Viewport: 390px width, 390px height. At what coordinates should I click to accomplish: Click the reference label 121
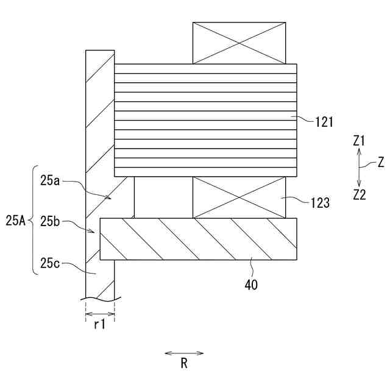pos(324,121)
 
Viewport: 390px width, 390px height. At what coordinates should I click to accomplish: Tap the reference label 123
pos(320,202)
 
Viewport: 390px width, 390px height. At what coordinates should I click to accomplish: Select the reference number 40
pos(251,284)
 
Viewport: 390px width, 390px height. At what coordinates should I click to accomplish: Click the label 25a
pos(51,181)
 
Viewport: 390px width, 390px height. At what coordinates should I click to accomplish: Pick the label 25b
pos(51,222)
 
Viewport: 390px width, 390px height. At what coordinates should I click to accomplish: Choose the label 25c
pos(51,264)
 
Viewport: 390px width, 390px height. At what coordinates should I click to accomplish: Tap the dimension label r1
pos(99,325)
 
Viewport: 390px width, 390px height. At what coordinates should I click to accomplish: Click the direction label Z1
pos(359,141)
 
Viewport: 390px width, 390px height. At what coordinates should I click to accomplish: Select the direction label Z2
pos(359,194)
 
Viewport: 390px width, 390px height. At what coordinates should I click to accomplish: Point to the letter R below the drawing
pos(184,364)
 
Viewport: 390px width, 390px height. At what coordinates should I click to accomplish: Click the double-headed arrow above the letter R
pos(184,352)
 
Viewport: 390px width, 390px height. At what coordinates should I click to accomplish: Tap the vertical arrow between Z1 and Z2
pos(359,168)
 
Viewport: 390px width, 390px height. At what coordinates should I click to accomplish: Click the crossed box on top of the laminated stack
pos(239,43)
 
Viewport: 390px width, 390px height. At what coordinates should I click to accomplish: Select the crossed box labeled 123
pos(239,197)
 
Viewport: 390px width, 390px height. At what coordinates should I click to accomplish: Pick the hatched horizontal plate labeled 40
pos(198,239)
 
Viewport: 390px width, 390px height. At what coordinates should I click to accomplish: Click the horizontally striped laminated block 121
pos(205,120)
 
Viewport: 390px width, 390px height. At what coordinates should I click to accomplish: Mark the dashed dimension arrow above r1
pos(99,314)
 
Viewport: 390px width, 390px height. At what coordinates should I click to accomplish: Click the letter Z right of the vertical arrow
pos(380,163)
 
